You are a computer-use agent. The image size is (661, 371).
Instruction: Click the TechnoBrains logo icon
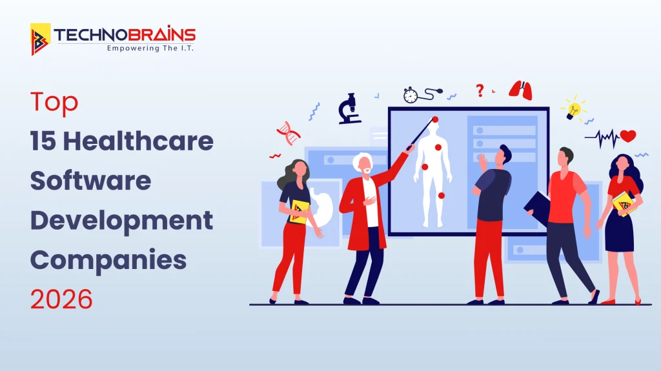coord(41,39)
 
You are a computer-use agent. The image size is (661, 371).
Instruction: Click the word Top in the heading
coord(54,103)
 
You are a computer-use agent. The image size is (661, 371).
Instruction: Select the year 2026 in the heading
coord(61,299)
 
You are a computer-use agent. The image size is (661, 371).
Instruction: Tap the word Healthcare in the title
coord(138,141)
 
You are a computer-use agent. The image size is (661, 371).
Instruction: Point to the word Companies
coord(108,260)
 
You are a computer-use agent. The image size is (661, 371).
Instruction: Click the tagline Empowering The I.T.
coord(150,48)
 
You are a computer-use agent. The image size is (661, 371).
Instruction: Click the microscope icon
coord(349,109)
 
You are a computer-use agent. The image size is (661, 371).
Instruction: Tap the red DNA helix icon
coord(289,133)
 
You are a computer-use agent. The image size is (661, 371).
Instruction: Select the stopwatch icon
coord(410,95)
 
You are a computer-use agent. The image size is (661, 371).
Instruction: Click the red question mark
coord(480,90)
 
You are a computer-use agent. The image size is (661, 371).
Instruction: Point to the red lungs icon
coord(520,90)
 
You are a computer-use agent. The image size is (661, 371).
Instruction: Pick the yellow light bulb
coord(573,110)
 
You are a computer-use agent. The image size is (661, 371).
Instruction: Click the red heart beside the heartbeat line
coord(627,135)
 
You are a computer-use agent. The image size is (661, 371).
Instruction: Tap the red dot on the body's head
coord(435,120)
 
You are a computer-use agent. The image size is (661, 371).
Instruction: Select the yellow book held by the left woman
coord(300,212)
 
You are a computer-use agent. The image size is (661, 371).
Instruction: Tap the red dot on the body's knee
coord(441,196)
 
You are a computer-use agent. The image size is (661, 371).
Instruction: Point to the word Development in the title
coord(122,221)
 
